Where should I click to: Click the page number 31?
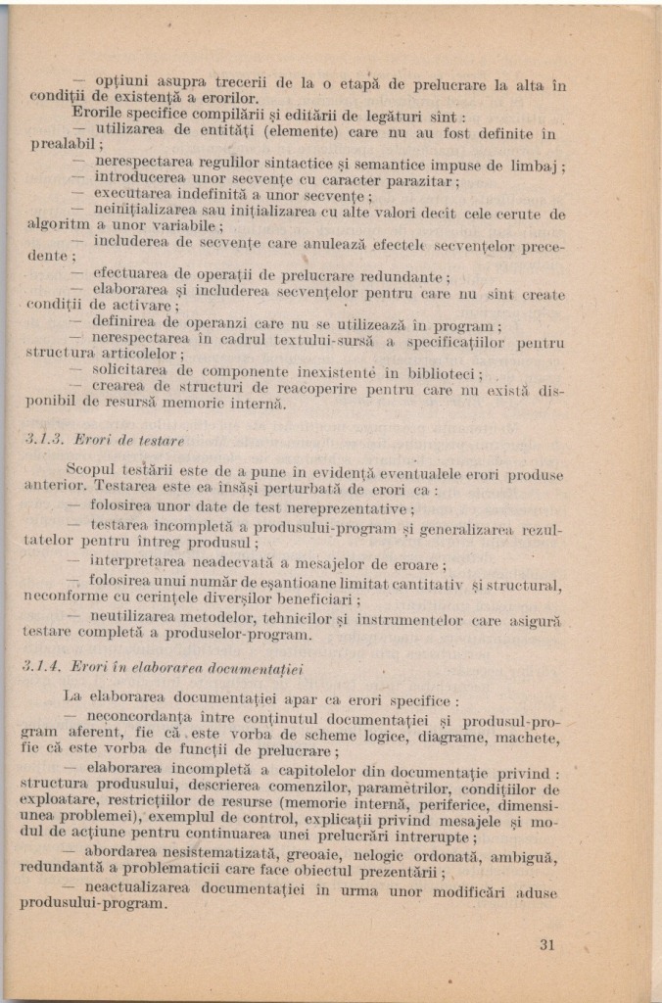tap(546, 945)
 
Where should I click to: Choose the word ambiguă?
tap(525, 856)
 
